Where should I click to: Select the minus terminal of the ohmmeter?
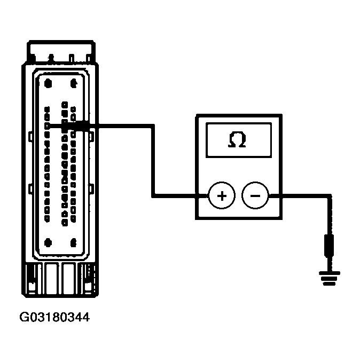[x=255, y=196]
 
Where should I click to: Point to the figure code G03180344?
[x=54, y=318]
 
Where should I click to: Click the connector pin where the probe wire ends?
[x=48, y=125]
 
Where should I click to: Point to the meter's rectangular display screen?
[x=238, y=140]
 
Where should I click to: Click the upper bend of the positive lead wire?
[x=153, y=127]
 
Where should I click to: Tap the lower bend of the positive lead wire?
[x=153, y=196]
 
